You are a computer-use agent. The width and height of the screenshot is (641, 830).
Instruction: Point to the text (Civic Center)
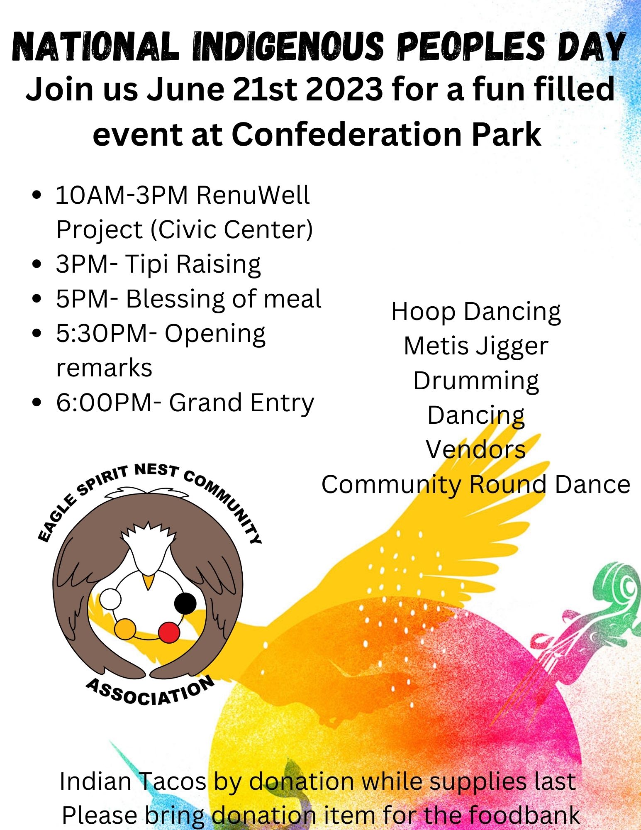coord(232,229)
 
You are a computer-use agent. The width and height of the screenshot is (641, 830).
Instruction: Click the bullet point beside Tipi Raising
coord(38,264)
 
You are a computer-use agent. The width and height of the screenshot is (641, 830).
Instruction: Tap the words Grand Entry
coord(241,403)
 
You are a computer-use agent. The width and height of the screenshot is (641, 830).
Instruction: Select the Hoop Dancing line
coord(476,312)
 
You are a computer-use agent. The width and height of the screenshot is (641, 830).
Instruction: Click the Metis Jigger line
coord(476,346)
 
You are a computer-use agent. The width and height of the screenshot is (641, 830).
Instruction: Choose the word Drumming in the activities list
coord(476,381)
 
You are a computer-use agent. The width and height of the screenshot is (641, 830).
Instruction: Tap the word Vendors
coord(476,449)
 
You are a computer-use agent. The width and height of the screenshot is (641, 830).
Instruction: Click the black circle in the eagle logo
coord(185,603)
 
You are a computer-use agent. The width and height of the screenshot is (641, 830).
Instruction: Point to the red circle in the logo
coord(169,632)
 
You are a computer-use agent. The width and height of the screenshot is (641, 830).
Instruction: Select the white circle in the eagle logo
coord(110,599)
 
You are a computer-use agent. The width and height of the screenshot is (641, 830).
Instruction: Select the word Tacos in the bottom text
coord(171,781)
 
